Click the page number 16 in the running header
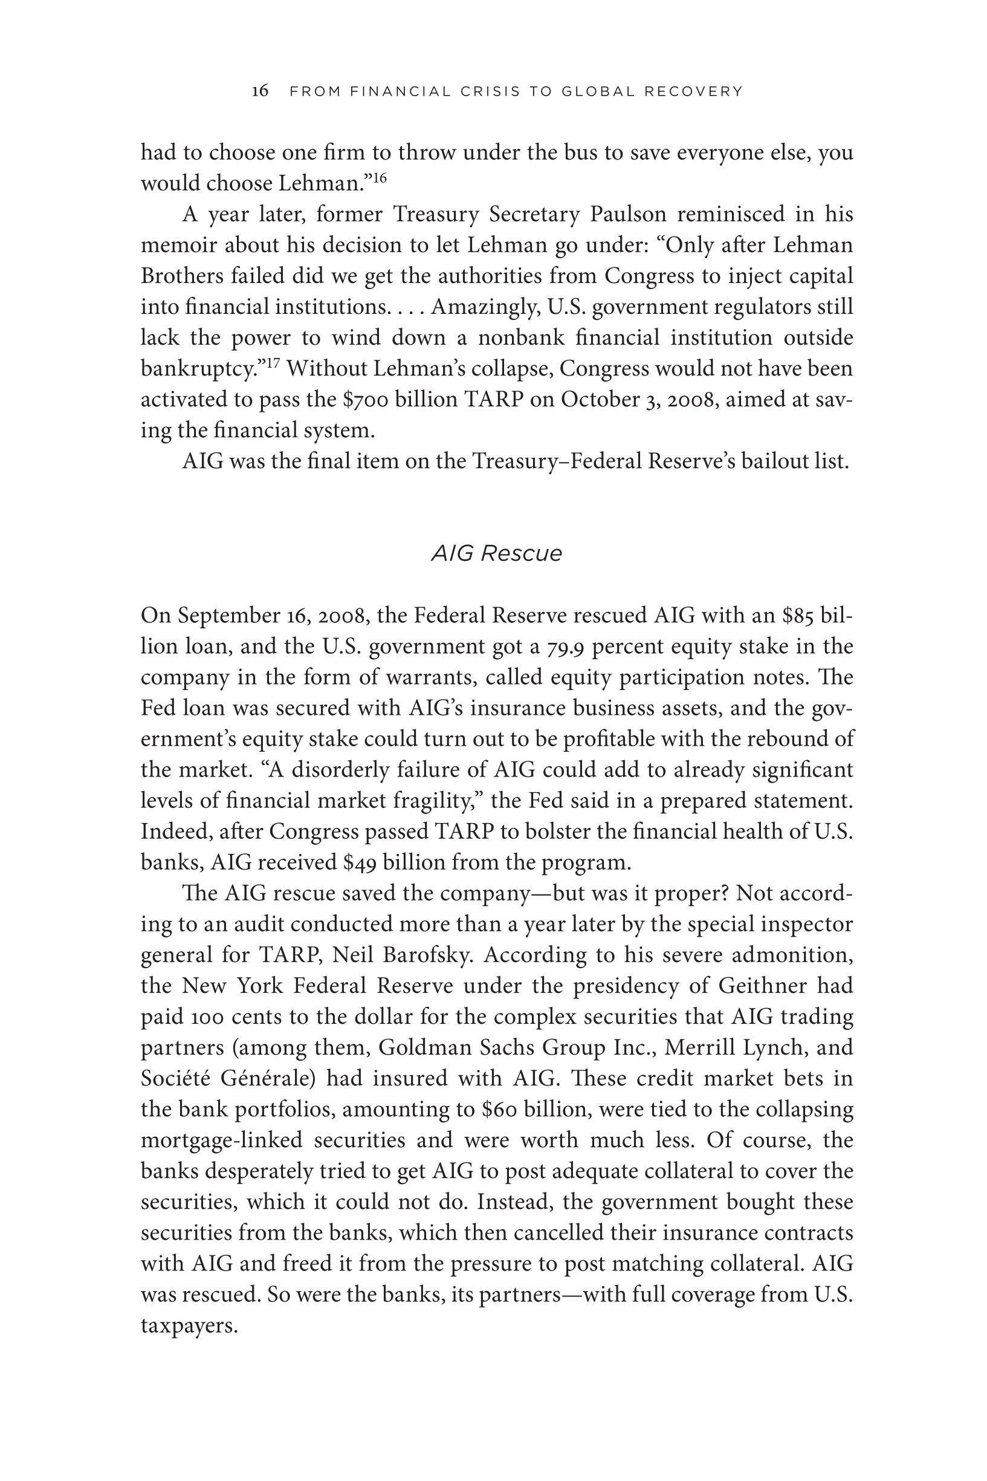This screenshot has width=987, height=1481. coord(260,91)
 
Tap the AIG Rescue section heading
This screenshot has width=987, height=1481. coord(496,553)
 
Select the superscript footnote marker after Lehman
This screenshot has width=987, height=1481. coord(379,178)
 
